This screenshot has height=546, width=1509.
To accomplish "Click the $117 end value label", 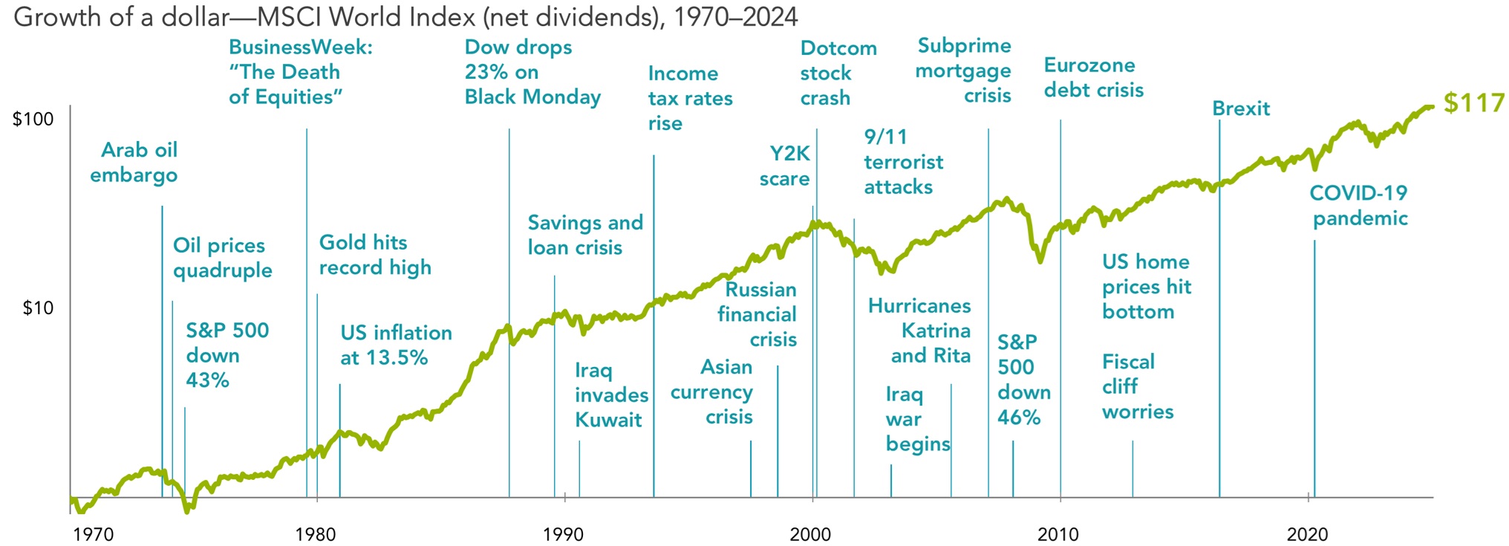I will point(1473,103).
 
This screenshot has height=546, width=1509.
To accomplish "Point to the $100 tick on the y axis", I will point(33,120).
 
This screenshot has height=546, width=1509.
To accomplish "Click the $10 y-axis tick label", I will point(38,308).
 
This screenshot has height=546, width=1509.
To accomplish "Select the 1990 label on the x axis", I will point(563,534).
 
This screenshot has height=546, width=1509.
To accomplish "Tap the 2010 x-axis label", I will point(1058,534).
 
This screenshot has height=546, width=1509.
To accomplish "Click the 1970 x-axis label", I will point(93,534).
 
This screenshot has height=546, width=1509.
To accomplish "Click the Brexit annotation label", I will point(1241,108).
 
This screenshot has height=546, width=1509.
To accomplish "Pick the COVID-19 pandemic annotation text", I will point(1359,206).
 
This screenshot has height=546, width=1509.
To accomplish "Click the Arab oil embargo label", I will point(134,163).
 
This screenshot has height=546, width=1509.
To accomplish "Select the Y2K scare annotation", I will point(785,166).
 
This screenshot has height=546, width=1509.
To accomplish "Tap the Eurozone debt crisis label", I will point(1093,78).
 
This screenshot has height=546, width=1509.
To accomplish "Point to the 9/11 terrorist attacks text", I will point(903,162).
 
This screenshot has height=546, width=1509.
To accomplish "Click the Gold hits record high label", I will point(375,255).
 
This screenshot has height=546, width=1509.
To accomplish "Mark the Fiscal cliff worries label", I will point(1137,386).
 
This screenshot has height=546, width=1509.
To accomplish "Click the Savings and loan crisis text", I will point(585,235).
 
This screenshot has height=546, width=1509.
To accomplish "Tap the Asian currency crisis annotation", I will point(712,391).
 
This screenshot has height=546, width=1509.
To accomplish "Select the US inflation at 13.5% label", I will point(396,345).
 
